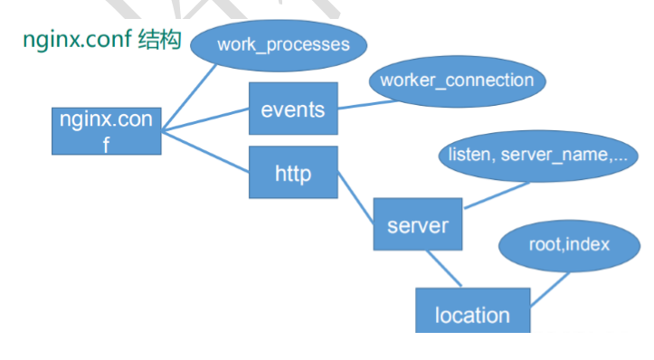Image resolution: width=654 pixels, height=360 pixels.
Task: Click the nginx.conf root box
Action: [x=106, y=129]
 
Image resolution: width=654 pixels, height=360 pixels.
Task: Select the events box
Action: [x=292, y=109]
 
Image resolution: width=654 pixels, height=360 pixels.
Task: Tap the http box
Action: [x=292, y=172]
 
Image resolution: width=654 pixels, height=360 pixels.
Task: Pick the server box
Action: [x=417, y=223]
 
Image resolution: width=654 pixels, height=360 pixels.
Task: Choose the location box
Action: [x=472, y=312]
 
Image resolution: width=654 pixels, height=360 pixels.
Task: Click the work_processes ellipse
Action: [x=283, y=45]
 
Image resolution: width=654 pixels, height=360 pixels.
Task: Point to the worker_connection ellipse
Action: [x=457, y=81]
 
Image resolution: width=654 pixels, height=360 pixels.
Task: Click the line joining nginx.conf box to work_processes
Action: [x=191, y=96]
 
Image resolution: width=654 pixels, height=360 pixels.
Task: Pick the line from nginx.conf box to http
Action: [x=205, y=150]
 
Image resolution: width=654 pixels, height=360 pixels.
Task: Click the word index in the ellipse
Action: [x=587, y=244]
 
